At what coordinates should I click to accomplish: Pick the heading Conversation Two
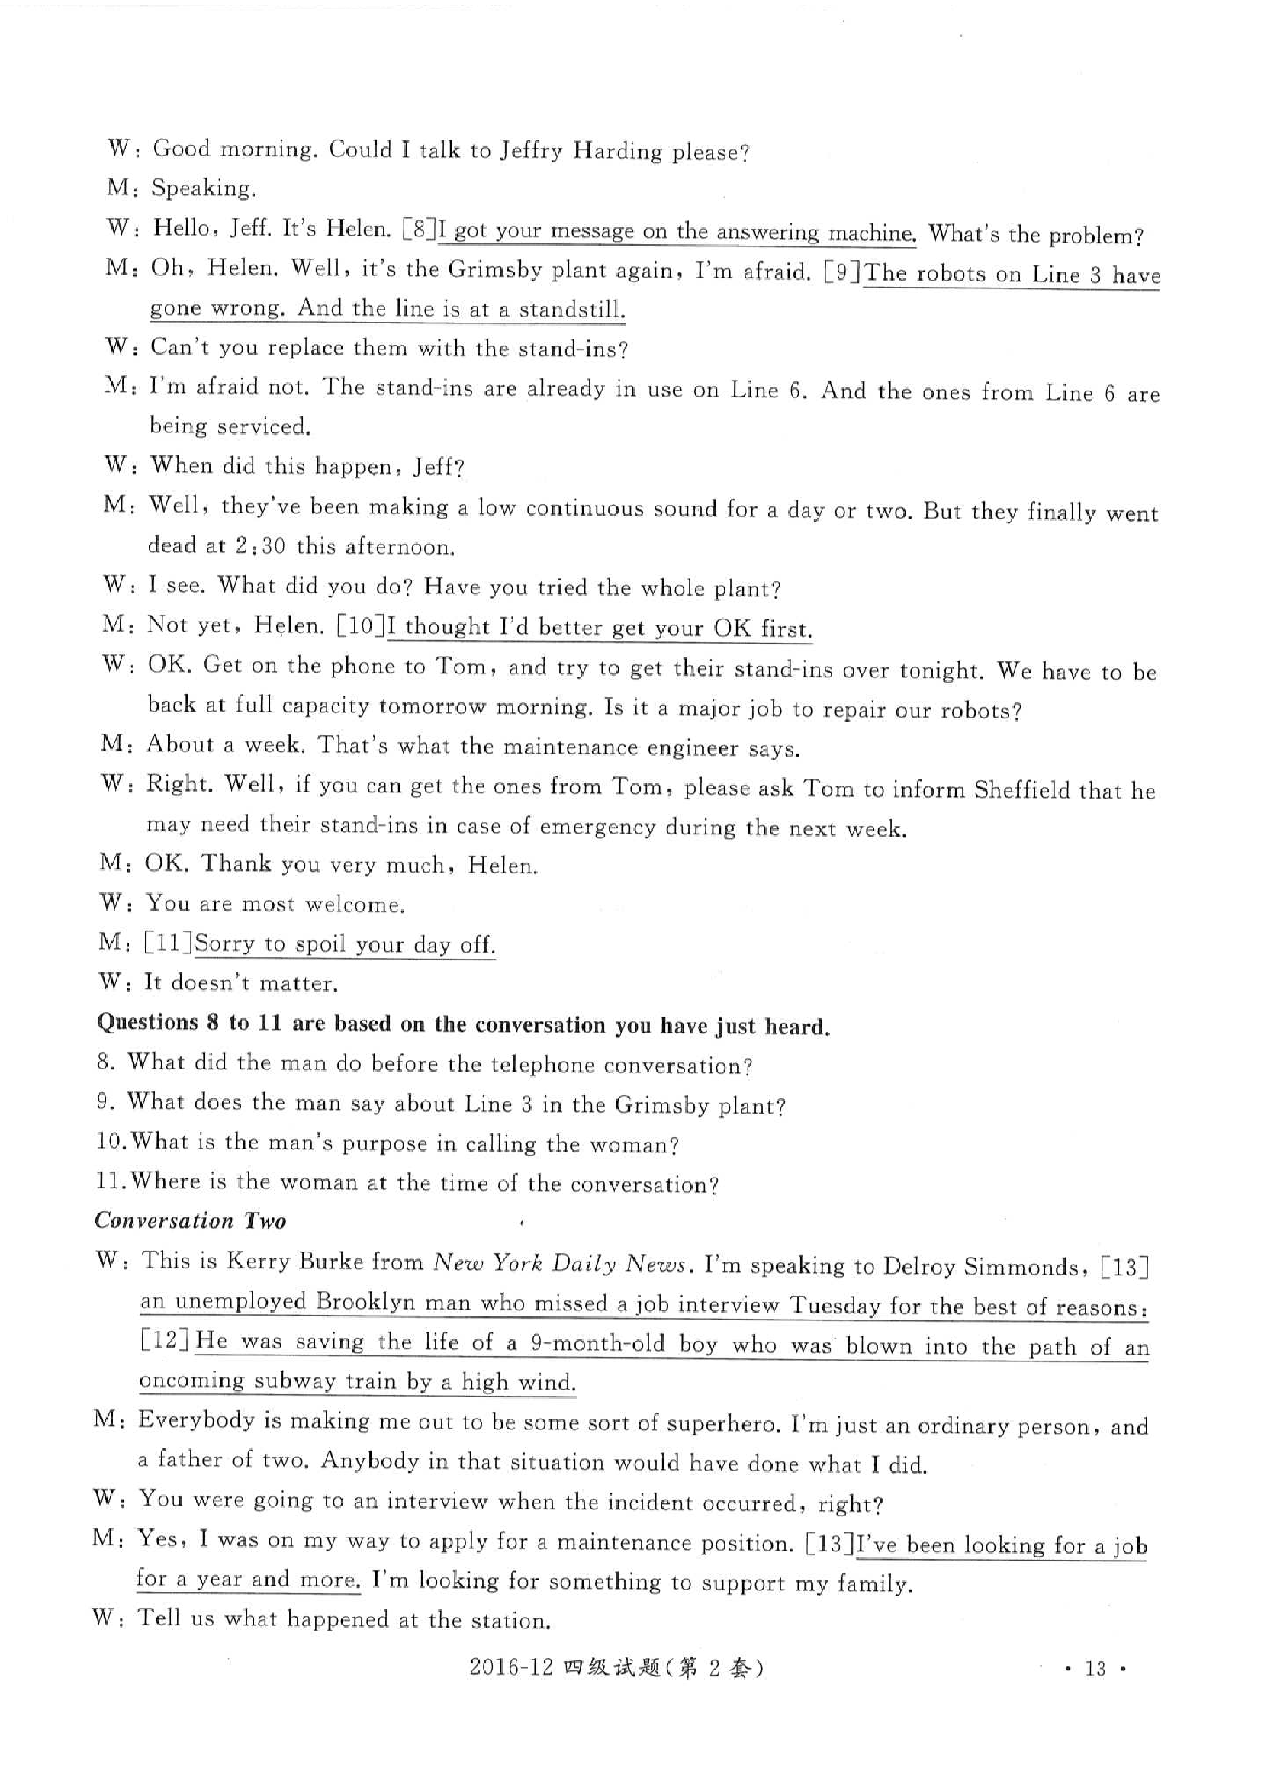point(191,1220)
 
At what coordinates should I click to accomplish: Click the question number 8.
point(104,1062)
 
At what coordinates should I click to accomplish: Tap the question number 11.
point(107,1181)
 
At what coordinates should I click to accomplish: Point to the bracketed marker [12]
point(166,1341)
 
